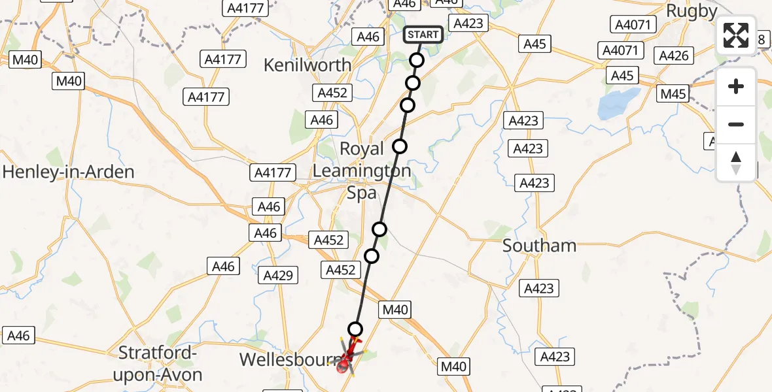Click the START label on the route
pos(423,35)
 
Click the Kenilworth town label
pos(307,65)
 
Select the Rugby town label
pos(691,11)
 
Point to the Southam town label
pos(539,246)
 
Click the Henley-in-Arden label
pos(68,172)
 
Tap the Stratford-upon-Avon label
pos(160,364)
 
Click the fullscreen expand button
pos(736,35)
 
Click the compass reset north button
pos(736,163)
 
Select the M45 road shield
pos(673,94)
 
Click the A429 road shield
pos(278,275)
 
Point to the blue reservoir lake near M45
pos(617,104)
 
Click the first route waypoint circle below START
pos(417,61)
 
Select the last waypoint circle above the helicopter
pos(355,329)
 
